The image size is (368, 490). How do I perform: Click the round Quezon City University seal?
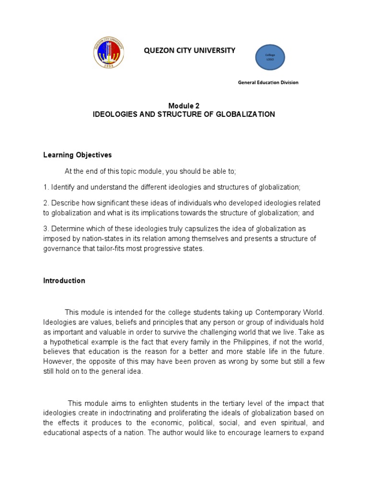(x=108, y=53)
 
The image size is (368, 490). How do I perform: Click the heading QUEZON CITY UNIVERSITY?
(x=187, y=50)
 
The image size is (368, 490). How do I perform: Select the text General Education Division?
(x=268, y=82)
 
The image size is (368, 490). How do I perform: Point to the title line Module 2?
(x=184, y=106)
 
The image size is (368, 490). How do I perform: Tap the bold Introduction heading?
(x=64, y=281)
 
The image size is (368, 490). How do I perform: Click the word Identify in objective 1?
(x=61, y=187)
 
